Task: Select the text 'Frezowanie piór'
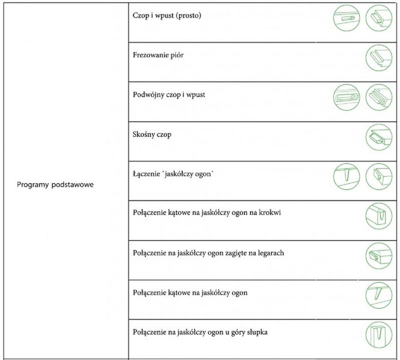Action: [158, 55]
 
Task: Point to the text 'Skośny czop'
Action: [152, 135]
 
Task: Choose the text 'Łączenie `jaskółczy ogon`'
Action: [174, 175]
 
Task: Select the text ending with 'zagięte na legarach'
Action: [208, 253]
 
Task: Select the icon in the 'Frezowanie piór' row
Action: [378, 58]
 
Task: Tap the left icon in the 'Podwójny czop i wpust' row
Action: [345, 96]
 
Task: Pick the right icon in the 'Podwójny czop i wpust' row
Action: [378, 96]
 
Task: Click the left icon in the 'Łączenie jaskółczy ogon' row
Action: [345, 176]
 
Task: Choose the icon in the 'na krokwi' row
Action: [378, 216]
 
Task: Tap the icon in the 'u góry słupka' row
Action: [378, 334]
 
